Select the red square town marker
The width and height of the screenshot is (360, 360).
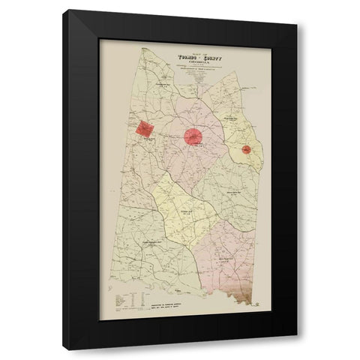coord(144,128)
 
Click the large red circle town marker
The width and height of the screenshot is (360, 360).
coord(193,136)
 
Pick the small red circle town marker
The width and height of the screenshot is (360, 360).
coord(246,149)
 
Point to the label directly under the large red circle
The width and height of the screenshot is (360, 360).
coord(193,149)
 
